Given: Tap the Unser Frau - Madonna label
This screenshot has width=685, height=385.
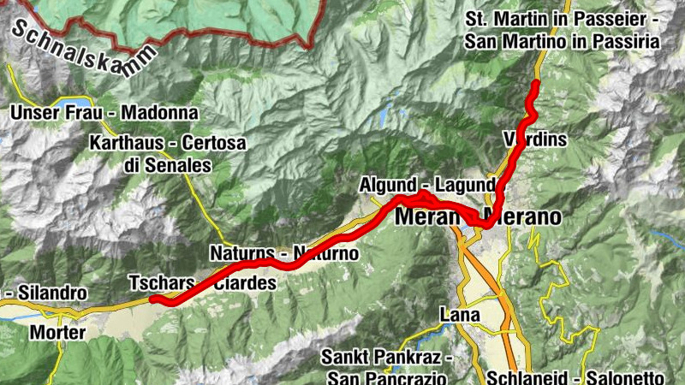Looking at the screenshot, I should [x=104, y=113].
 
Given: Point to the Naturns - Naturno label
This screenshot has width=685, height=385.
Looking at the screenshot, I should [x=283, y=253].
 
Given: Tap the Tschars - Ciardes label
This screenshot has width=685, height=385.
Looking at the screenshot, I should [x=202, y=282].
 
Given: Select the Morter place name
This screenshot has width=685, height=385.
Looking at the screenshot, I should [x=57, y=331].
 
